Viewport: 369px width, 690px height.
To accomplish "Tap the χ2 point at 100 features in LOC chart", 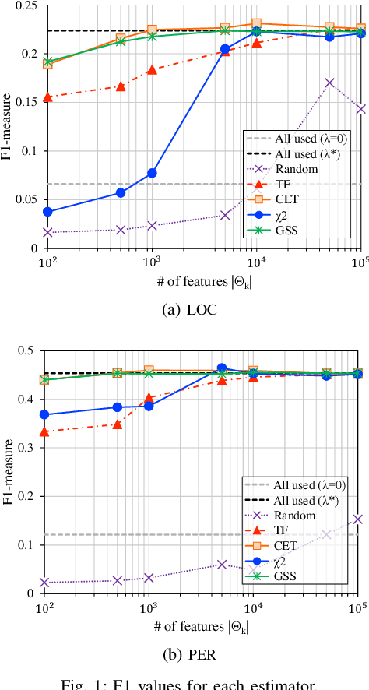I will coord(47,211).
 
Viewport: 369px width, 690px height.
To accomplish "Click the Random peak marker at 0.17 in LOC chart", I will coord(330,83).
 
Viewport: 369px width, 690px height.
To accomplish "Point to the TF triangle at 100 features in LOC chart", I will coord(47,97).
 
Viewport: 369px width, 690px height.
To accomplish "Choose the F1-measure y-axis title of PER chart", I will coord(10,471).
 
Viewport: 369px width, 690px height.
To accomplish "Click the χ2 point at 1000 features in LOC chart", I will coord(152,173).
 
